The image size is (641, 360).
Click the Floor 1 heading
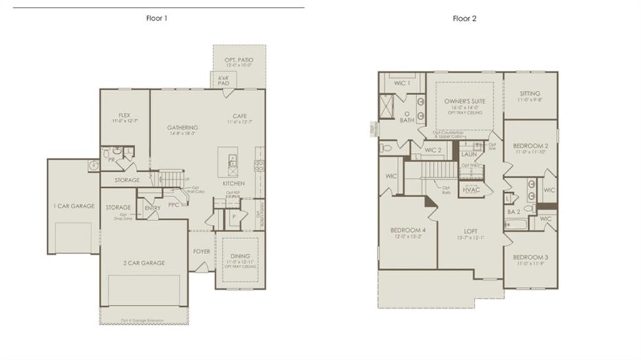[x=156, y=18]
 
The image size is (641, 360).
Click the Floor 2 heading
[x=464, y=18]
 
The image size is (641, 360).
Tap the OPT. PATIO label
[x=238, y=60]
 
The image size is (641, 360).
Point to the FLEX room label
[x=124, y=115]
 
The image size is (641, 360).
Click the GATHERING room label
[x=182, y=128]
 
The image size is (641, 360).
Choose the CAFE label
[x=239, y=115]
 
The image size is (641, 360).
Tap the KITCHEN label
[x=233, y=183]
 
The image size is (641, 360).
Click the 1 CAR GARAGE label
[x=73, y=206]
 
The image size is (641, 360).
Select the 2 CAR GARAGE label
[x=144, y=263]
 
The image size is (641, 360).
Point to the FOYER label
[x=202, y=251]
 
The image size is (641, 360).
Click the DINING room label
[x=239, y=256]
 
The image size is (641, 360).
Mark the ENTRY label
[x=152, y=208]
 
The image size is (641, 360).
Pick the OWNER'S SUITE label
[x=464, y=101]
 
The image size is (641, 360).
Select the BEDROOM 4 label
[x=406, y=229]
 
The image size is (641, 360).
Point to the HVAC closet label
[x=471, y=190]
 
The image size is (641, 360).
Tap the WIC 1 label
[x=402, y=83]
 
